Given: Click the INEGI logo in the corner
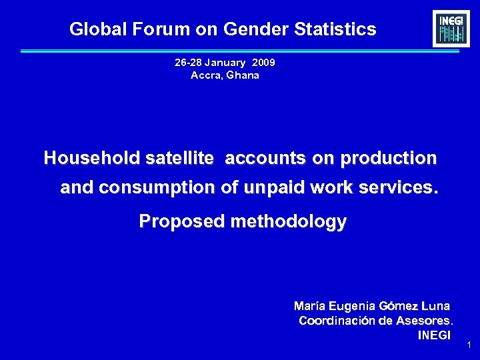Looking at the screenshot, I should [x=451, y=29].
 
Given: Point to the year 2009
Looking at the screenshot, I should [x=264, y=63].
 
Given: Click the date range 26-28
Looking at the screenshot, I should [x=188, y=63].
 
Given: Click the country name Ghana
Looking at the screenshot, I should [x=243, y=75].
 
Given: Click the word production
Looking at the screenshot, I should [x=388, y=158].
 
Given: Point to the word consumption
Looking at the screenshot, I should [x=157, y=188].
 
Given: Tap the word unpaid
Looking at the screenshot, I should [x=272, y=188].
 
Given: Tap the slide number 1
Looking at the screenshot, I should [x=469, y=345].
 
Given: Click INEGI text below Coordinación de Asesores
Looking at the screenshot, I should [x=434, y=335].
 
